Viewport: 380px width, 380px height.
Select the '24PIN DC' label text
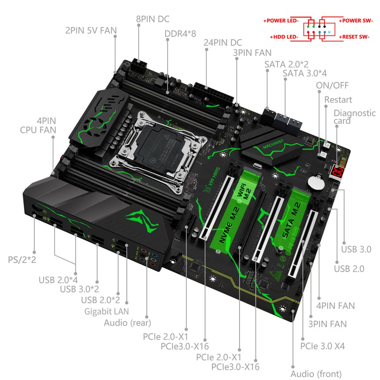[223, 42]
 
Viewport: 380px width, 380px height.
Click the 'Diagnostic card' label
[354, 117]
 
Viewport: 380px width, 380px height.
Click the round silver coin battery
[315, 182]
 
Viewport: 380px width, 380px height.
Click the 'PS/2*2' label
[22, 259]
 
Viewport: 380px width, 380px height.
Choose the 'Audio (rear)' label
[127, 322]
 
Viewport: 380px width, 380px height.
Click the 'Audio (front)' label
[316, 373]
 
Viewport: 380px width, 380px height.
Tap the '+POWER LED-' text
[281, 21]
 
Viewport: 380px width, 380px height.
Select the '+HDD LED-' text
[284, 37]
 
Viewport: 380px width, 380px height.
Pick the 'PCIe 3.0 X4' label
[322, 346]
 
